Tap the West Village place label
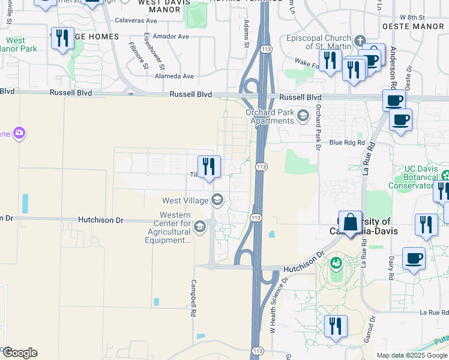(185, 200)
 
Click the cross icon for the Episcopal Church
(360, 41)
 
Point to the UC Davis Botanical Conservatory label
(421, 178)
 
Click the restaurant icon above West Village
(209, 167)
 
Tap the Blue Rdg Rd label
(348, 143)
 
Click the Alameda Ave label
(174, 76)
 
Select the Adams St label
(246, 33)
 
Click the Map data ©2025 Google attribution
(412, 355)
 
